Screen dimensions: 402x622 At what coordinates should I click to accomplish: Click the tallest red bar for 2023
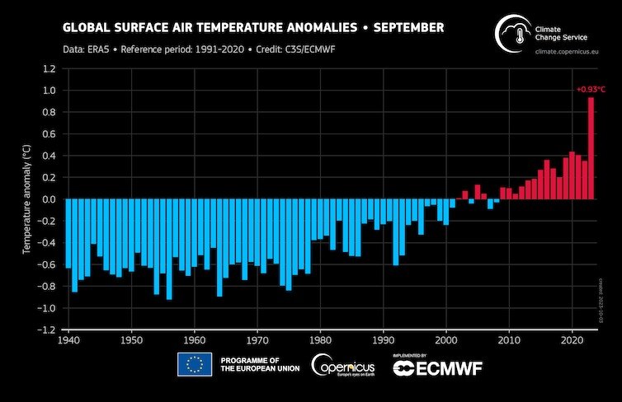pyautogui.click(x=591, y=148)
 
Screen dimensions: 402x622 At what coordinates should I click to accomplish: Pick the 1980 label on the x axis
pyautogui.click(x=320, y=339)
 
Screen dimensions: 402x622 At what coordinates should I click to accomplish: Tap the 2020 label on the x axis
pyautogui.click(x=573, y=339)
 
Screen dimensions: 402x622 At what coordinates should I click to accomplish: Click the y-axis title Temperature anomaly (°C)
pyautogui.click(x=26, y=199)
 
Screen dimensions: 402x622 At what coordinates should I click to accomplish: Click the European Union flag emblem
pyautogui.click(x=195, y=364)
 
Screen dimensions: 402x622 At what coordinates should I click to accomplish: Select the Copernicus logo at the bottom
pyautogui.click(x=343, y=364)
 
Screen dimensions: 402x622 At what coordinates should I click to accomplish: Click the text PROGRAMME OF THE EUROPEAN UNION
pyautogui.click(x=255, y=364)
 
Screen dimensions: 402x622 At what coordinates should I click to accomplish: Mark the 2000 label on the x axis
pyautogui.click(x=446, y=339)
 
